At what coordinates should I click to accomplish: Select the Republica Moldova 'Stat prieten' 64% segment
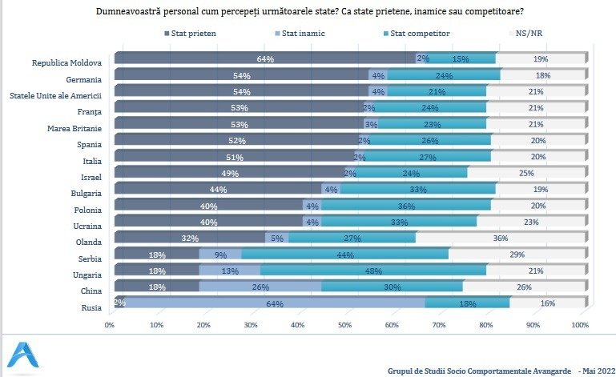pos(264,58)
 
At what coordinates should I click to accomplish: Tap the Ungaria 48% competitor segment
pos(373,271)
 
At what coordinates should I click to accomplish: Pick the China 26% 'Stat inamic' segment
pos(260,286)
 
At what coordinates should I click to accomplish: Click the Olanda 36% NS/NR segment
pos(501,237)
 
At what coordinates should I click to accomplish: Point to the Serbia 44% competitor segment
pos(345,254)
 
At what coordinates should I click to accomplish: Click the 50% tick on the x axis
pos(345,325)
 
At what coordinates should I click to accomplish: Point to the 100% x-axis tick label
pos(579,325)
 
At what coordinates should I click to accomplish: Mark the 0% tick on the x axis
pos(110,325)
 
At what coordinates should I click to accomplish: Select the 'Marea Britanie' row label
pos(78,126)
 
